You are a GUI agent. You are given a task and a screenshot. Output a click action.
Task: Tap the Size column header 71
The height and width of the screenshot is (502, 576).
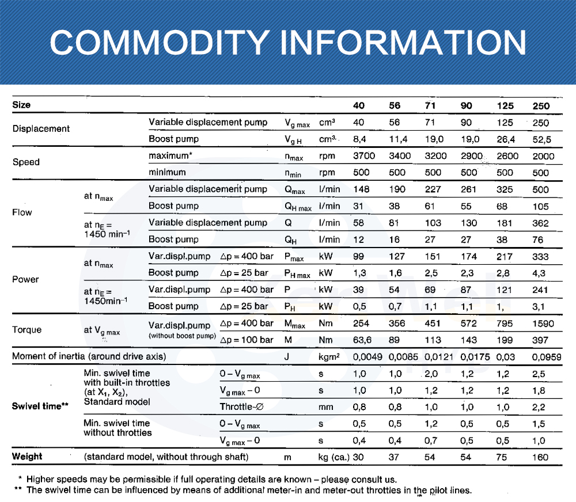(430, 105)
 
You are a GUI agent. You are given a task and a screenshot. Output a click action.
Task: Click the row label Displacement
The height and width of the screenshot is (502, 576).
(41, 129)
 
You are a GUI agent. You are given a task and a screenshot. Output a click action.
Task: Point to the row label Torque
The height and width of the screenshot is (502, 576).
(26, 330)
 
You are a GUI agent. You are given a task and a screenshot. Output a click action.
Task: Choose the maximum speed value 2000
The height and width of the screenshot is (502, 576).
(543, 156)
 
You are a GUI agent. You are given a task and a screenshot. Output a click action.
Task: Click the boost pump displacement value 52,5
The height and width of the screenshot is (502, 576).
(543, 139)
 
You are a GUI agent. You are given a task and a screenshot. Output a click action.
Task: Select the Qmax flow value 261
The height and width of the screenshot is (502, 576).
(466, 189)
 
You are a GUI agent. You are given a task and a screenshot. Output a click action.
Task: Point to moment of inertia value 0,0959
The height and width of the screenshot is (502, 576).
(547, 357)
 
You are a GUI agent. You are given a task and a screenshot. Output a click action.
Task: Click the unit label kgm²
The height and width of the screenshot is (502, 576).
(329, 357)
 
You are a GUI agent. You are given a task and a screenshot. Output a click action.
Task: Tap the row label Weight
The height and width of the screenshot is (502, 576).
(27, 457)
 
